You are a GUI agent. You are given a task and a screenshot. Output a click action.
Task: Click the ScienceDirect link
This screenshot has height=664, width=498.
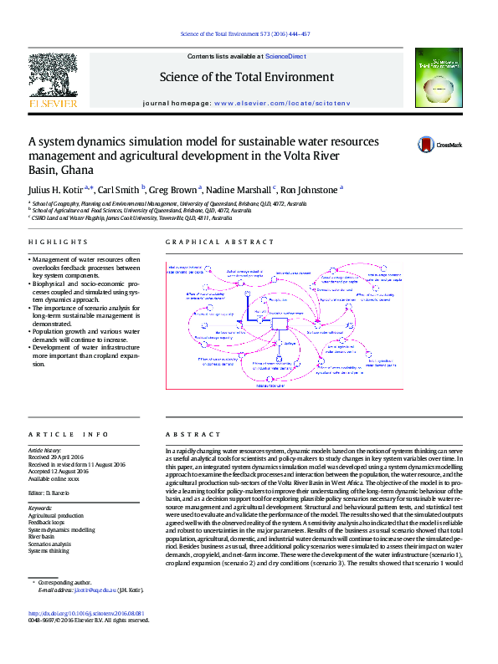tap(285, 56)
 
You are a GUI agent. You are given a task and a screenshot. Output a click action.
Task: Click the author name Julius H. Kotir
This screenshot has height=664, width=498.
tap(59, 190)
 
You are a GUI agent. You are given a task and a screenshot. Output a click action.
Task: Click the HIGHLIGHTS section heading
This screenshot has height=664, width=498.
tap(53, 243)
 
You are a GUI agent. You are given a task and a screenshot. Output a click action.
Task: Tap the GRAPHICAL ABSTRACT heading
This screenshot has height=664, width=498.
tap(208, 243)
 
